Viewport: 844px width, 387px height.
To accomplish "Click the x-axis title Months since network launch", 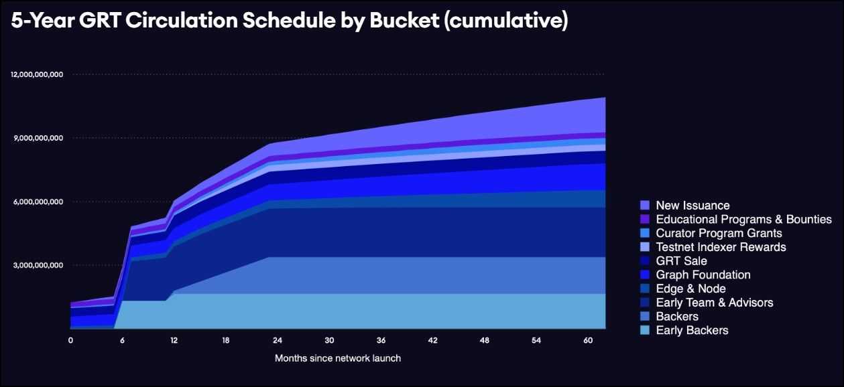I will [337, 358].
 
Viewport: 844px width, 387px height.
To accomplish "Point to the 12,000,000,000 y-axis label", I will [37, 74].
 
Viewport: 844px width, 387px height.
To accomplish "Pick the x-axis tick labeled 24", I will [278, 340].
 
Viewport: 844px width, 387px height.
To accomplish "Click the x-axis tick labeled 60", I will [587, 340].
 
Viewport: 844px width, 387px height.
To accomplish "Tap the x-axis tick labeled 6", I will [122, 340].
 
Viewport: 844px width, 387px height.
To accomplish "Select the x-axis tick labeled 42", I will [432, 340].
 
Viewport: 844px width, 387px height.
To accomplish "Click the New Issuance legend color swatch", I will [645, 206].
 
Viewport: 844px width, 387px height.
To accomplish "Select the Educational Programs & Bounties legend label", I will [743, 220].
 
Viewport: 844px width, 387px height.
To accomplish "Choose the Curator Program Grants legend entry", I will [719, 234].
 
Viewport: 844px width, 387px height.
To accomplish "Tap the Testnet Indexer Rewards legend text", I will [721, 247].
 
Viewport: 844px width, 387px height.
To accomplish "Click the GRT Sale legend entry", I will [681, 261].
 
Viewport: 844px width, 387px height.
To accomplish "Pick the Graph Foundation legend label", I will [703, 275].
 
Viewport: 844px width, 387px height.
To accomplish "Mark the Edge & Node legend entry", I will [690, 289].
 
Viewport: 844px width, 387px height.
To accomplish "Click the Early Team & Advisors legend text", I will [715, 303].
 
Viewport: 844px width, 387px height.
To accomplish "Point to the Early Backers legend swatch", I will [645, 330].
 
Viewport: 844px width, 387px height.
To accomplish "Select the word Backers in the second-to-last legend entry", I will [677, 317].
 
